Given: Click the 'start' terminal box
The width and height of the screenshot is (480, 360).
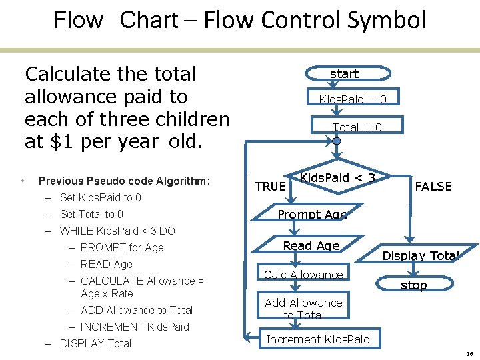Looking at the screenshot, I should coord(344,73).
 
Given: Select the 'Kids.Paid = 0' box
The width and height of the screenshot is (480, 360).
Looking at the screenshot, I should coord(352,99).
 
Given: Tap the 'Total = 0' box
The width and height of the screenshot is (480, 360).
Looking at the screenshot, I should coord(357,127).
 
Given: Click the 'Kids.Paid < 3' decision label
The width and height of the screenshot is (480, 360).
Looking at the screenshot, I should coord(337,177).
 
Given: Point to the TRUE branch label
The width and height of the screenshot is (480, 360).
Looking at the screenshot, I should coord(270,187).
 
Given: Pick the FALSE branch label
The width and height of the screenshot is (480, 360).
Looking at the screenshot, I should coord(433,187).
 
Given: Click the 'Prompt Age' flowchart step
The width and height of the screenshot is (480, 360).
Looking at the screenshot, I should coord(312,215).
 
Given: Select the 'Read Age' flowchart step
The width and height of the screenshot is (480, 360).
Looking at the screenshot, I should coord(311,245).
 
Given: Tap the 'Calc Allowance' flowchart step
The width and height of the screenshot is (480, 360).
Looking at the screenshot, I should coord(303,275).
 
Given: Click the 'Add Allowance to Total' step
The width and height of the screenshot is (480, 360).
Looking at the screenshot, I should coord(303,309).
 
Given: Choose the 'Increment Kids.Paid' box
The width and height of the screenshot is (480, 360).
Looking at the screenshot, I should coord(317,339).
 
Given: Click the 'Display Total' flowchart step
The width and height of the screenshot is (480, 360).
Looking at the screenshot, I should coord(420,255).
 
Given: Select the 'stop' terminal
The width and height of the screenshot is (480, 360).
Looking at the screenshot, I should coord(413,285).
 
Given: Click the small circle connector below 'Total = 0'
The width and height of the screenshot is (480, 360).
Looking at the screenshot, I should coord(337,141).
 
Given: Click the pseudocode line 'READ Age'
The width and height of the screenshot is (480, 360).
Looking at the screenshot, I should coord(106,264).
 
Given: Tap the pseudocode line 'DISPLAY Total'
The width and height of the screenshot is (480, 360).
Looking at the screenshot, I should coord(95,343).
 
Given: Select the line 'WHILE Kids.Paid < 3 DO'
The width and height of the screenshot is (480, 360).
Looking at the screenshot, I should coord(117,231).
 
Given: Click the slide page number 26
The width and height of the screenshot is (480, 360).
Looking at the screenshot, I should coord(469,353).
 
